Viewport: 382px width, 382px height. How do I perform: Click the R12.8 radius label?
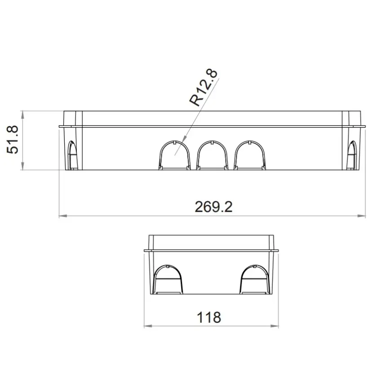click(x=204, y=88)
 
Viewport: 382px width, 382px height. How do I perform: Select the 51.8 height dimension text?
click(x=13, y=140)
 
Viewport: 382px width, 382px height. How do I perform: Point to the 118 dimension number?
click(x=209, y=317)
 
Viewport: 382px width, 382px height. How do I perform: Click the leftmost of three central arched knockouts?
click(x=174, y=155)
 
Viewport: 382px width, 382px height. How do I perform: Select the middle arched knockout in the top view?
click(x=212, y=155)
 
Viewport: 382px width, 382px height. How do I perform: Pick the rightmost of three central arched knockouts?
click(x=250, y=155)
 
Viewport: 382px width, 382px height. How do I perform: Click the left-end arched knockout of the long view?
click(x=72, y=155)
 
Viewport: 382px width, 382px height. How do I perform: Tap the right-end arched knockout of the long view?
click(x=353, y=155)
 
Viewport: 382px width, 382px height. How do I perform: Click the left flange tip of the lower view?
click(x=145, y=250)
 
